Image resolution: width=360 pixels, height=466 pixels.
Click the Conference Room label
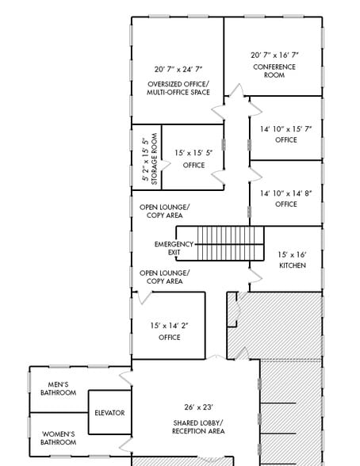tap(274, 71)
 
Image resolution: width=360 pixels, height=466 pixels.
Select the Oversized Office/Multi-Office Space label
tap(178, 89)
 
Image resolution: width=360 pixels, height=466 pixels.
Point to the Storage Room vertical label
tap(155, 162)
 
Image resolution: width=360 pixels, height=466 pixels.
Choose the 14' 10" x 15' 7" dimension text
tap(286, 128)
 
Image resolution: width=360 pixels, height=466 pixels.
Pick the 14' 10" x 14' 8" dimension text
tap(286, 193)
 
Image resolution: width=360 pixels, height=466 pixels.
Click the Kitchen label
tap(292, 265)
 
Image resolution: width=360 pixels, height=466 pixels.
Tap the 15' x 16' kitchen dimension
tap(292, 254)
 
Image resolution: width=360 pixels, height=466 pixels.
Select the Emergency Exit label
tap(174, 248)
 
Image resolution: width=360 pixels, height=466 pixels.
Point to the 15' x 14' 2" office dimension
tap(170, 325)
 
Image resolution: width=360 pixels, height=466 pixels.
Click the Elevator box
tap(109, 413)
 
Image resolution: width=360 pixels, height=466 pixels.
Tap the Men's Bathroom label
tap(58, 388)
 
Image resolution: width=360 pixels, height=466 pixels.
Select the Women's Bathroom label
tap(58, 438)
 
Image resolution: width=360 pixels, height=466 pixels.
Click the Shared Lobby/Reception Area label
tap(199, 427)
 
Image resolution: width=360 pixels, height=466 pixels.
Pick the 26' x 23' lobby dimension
tap(199, 407)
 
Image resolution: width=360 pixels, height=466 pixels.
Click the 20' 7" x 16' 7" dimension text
tap(274, 55)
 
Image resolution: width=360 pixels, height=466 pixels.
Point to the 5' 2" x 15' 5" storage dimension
tap(145, 162)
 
